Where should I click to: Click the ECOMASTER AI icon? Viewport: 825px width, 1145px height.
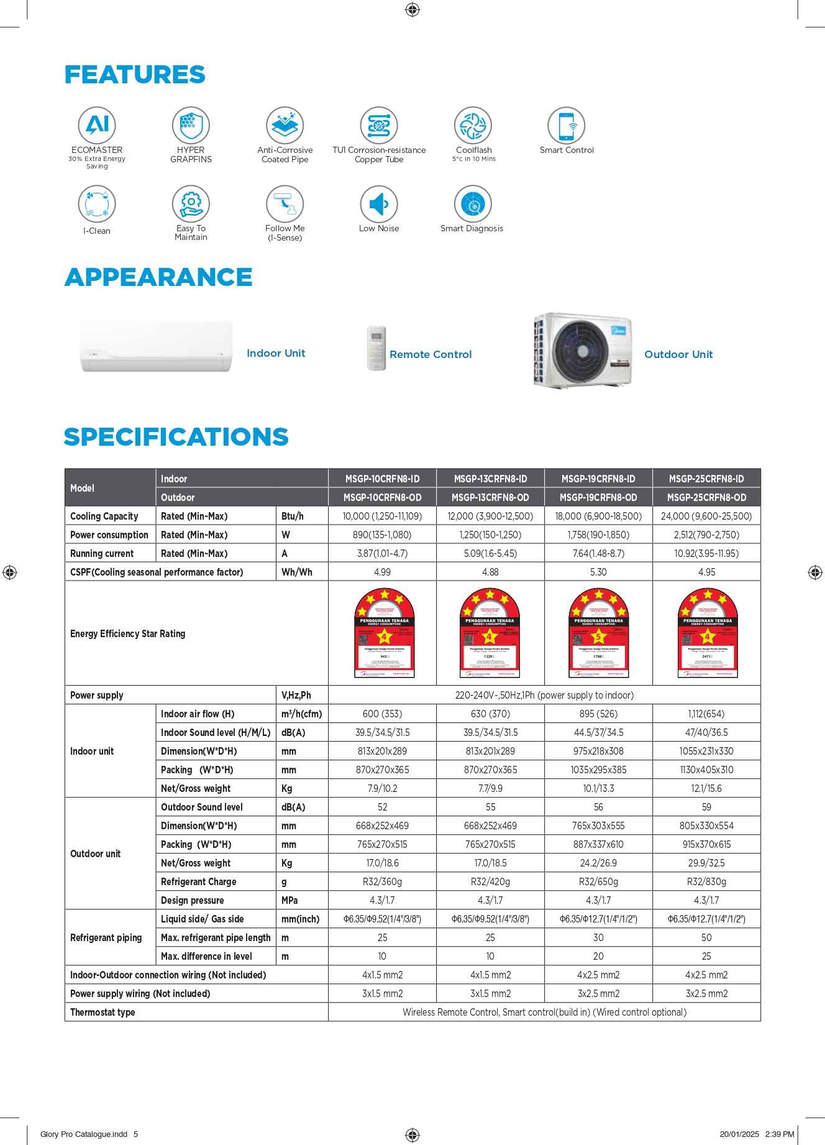[97, 126]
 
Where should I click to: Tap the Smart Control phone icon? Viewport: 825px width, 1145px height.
[566, 126]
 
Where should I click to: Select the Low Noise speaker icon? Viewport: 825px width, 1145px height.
[379, 204]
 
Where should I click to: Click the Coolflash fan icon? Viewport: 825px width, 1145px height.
[473, 126]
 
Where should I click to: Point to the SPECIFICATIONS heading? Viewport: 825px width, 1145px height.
[176, 436]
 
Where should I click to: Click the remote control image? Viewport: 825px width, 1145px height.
[376, 348]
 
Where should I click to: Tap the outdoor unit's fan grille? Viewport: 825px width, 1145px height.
[581, 350]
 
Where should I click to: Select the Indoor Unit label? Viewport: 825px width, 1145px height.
[276, 353]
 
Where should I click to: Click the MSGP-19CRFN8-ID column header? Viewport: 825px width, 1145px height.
[598, 479]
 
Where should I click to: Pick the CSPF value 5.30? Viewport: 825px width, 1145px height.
[598, 572]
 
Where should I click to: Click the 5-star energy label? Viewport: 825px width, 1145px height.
[598, 633]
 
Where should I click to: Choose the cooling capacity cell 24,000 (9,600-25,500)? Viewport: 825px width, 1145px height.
[706, 516]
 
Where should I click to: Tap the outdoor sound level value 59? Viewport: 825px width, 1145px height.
[706, 807]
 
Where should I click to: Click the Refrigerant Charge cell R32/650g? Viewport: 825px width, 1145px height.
[598, 881]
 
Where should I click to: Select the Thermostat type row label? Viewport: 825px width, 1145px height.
[103, 1012]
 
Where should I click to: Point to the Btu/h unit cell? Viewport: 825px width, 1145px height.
[293, 516]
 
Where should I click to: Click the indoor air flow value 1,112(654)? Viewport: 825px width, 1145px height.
[706, 714]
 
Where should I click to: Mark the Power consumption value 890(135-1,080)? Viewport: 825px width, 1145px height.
[382, 535]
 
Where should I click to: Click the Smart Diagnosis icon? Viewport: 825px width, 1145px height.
[473, 204]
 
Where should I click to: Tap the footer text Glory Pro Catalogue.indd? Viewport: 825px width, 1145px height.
[84, 1134]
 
